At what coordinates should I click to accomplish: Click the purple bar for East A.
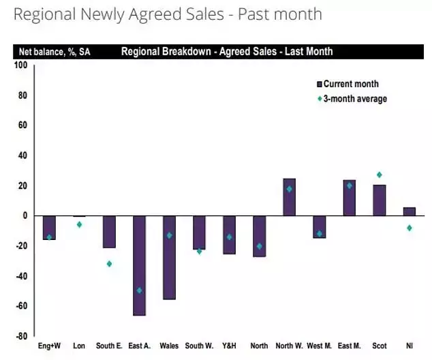139,265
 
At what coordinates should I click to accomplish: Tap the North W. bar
289,197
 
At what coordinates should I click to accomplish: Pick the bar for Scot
379,200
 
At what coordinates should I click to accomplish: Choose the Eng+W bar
49,228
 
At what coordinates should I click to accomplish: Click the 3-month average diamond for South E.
109,264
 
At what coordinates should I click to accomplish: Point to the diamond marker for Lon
79,224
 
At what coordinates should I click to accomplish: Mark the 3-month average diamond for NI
409,228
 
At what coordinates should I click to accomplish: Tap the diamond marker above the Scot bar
379,175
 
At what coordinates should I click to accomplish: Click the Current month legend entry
350,85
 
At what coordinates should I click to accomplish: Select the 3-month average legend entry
354,99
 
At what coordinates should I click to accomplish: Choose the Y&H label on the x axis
229,346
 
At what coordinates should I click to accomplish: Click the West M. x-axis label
319,346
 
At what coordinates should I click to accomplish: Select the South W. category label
199,346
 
